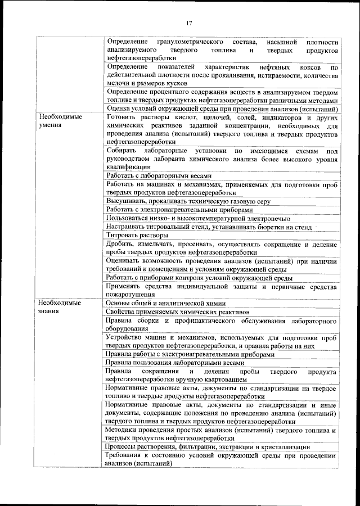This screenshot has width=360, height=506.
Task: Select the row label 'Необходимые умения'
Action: point(57,121)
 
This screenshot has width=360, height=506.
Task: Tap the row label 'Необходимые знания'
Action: point(57,307)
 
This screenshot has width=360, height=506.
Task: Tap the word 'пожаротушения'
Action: point(130,294)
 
